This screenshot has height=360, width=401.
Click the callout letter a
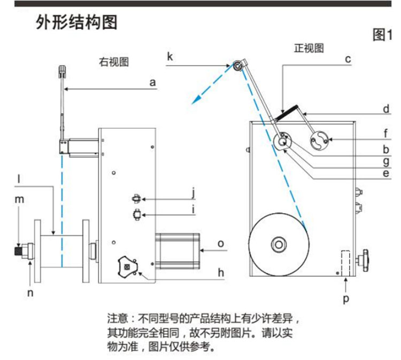coord(152,83)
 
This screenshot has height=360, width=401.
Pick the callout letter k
coord(169,56)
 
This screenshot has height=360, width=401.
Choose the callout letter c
coord(348,59)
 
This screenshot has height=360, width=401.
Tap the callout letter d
coord(387,109)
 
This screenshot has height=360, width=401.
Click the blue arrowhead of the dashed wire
coord(198,98)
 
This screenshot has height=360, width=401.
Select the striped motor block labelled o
coord(177,248)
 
